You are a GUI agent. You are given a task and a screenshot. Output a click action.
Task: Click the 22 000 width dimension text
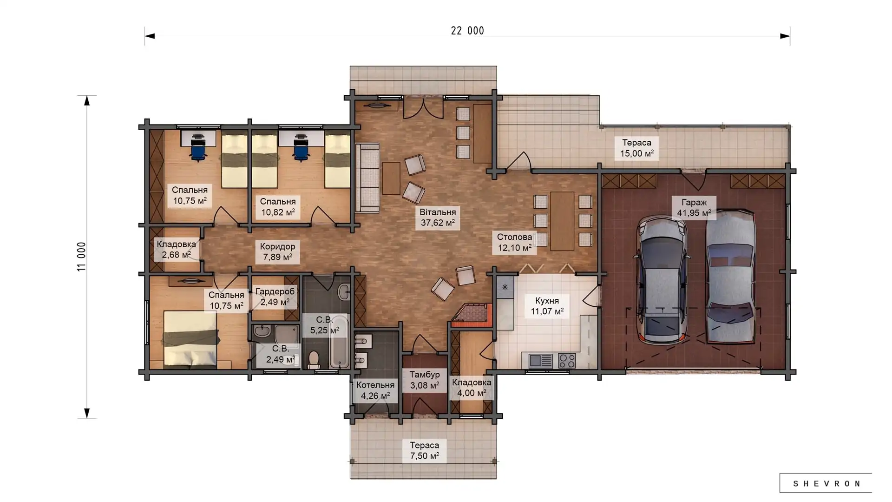467,31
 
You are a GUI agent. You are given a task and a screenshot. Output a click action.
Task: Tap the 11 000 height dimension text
82,257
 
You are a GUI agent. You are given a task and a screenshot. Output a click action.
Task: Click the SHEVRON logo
826,483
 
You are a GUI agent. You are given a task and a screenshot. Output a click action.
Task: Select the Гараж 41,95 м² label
694,208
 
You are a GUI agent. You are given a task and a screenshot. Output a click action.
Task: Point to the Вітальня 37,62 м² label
438,218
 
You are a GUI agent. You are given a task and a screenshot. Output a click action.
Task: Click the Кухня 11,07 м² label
547,306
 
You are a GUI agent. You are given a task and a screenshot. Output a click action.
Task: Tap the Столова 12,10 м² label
514,242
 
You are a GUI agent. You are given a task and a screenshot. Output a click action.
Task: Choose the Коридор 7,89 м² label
277,252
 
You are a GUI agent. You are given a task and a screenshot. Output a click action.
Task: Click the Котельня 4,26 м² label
375,390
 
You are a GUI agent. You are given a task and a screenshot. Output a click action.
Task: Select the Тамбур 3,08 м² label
425,380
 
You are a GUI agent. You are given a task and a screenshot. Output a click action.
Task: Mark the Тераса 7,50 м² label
424,450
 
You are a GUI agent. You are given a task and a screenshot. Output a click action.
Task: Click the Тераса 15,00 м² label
636,148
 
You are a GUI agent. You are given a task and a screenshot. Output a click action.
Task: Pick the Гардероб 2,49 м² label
275,297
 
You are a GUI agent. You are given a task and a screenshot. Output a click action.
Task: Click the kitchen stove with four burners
567,361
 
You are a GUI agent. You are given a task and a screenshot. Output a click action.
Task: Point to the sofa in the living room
367,178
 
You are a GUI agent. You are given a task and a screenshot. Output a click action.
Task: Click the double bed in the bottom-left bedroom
190,338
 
